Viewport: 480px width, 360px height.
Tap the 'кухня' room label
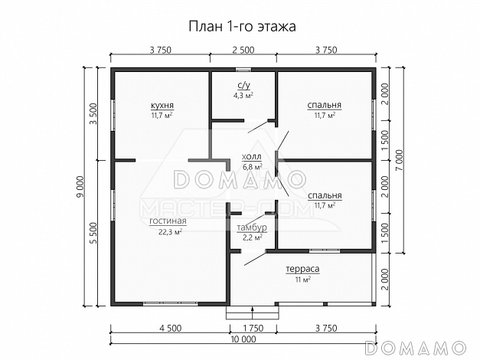click(x=161, y=105)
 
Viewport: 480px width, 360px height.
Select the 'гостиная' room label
click(x=168, y=221)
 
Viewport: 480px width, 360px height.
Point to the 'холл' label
click(x=252, y=155)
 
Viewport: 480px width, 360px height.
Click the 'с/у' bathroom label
click(x=243, y=86)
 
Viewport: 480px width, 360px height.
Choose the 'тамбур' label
click(x=251, y=228)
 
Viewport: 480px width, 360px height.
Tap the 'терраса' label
click(x=302, y=270)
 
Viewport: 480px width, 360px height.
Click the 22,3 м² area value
click(x=168, y=231)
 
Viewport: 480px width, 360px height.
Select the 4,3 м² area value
click(x=243, y=96)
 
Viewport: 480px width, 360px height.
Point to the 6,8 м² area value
click(x=252, y=165)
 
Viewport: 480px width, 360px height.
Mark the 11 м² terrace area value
click(x=302, y=280)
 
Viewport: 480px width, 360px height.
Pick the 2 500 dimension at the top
click(x=243, y=51)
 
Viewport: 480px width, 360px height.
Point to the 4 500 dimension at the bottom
click(x=170, y=328)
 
